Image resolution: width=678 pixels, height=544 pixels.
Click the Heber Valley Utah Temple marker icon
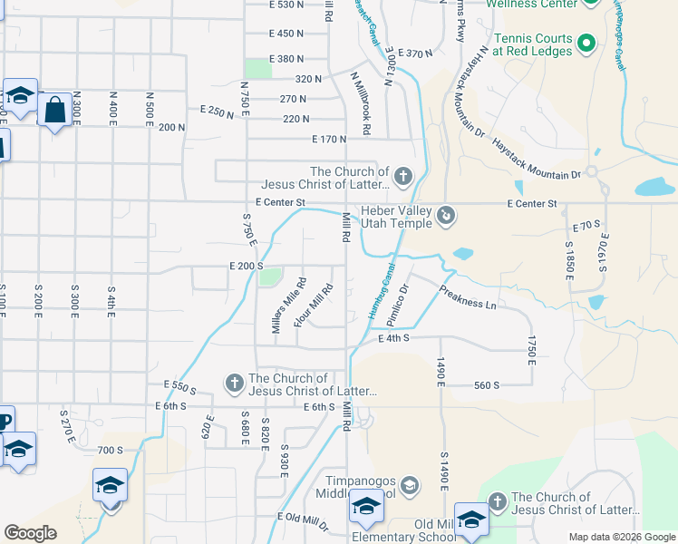(446, 216)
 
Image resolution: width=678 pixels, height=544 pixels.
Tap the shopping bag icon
(55, 110)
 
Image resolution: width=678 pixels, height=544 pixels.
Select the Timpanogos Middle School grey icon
(410, 487)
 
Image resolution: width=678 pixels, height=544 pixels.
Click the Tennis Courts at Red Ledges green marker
(586, 43)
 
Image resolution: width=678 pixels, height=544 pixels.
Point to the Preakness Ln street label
(467, 298)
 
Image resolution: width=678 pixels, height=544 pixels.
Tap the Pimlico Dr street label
(399, 306)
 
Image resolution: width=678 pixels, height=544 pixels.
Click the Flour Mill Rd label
(314, 306)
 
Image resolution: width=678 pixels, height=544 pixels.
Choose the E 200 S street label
(246, 267)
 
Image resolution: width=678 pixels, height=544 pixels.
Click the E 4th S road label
(394, 337)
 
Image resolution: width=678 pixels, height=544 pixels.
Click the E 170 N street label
(329, 140)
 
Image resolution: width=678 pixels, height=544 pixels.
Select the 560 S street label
(486, 385)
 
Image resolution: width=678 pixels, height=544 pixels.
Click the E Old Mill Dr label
(303, 517)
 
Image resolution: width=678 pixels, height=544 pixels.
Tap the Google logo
(31, 533)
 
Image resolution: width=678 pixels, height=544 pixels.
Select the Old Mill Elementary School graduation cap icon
(471, 520)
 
